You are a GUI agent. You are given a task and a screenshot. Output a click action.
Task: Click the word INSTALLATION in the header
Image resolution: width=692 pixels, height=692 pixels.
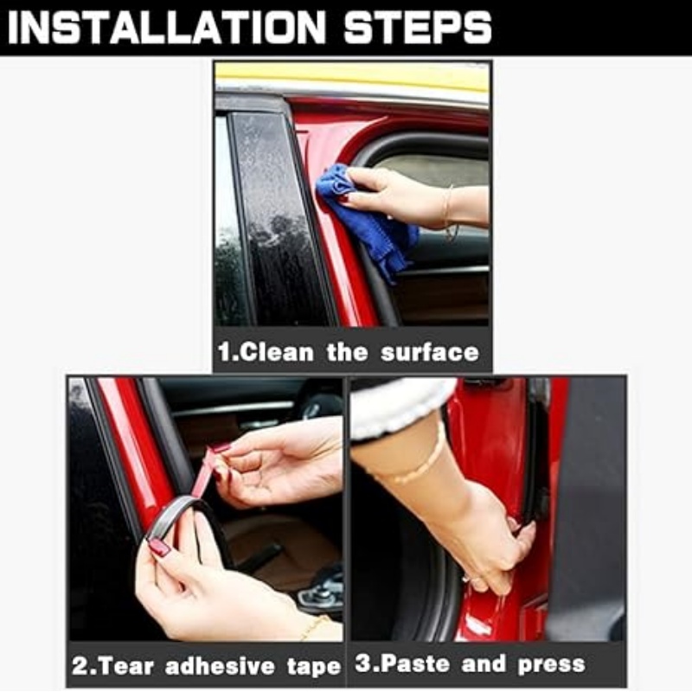click(x=166, y=28)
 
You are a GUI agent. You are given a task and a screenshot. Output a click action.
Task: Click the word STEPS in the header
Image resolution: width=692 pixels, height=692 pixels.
click(x=418, y=28)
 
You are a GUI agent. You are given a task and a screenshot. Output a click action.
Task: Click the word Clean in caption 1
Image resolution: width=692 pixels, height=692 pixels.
click(x=278, y=353)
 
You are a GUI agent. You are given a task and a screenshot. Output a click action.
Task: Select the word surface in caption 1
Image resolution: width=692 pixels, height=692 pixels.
click(x=429, y=353)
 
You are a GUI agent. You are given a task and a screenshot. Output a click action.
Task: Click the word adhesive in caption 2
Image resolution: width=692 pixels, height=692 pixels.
click(x=220, y=666)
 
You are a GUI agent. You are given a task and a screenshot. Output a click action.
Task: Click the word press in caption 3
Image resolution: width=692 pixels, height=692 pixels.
click(x=552, y=665)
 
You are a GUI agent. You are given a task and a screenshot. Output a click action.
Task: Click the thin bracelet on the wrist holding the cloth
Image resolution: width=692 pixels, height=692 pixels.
click(x=449, y=213)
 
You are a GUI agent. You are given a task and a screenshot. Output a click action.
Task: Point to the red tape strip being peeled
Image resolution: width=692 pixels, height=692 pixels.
click(x=204, y=472)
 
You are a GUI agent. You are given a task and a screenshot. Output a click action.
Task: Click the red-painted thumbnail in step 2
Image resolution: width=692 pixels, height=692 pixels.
click(x=159, y=548)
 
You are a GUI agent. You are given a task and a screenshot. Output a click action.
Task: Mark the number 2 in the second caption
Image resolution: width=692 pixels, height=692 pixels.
click(x=80, y=666)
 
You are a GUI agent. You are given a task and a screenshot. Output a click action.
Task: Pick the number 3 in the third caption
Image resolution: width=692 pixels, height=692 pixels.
click(x=363, y=663)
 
